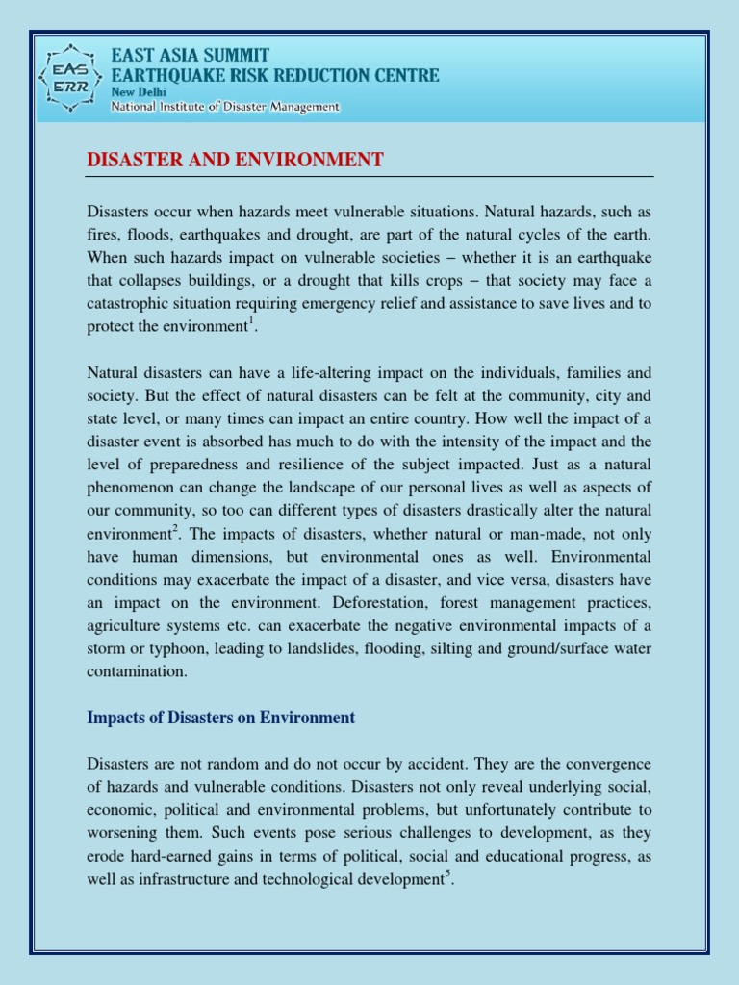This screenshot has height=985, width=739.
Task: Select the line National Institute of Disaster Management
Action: coord(225,107)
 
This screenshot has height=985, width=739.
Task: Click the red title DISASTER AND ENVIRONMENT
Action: coord(235,160)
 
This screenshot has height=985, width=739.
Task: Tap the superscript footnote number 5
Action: coord(447,874)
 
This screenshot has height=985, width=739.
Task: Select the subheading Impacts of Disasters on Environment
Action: coord(221,718)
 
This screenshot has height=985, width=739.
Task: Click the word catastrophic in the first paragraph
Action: coord(132,303)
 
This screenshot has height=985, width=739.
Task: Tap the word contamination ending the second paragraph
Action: coord(138,672)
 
